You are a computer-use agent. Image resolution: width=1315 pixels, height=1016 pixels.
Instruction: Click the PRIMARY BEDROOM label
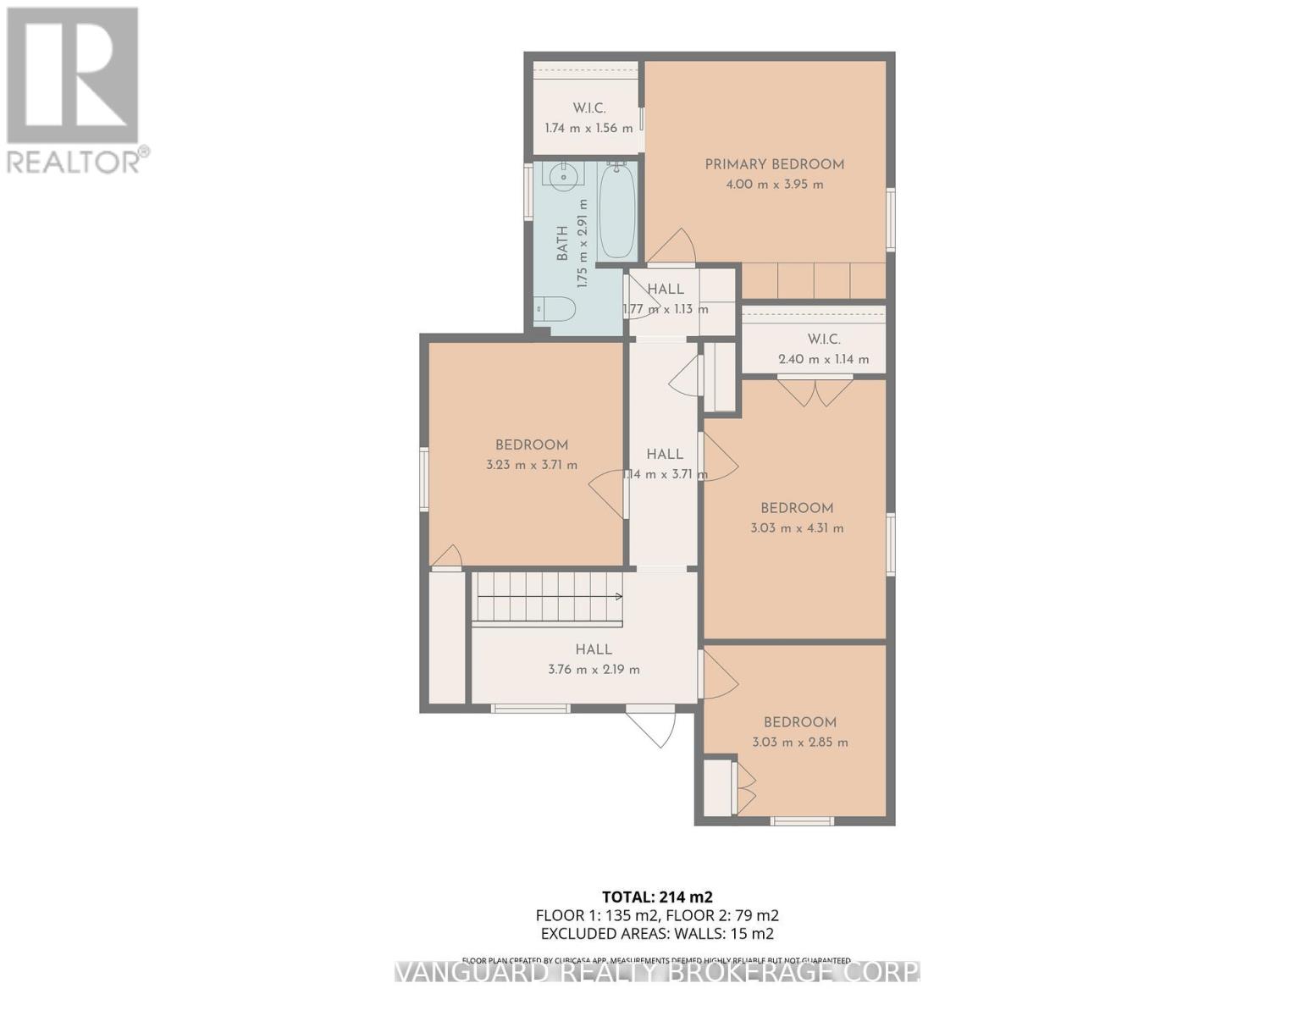tap(774, 164)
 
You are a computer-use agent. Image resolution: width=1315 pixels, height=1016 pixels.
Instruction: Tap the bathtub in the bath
tap(617, 212)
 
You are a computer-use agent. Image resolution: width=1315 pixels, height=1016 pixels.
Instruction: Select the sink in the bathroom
tap(563, 177)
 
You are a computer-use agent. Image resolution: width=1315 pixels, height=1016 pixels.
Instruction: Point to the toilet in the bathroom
tap(555, 309)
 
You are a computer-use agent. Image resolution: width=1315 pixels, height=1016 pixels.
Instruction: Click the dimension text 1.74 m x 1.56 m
tap(588, 129)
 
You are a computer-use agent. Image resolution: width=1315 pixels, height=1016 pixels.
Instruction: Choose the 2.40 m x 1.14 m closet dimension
tap(823, 359)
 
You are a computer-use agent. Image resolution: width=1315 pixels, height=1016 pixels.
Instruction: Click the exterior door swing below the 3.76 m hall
tap(653, 726)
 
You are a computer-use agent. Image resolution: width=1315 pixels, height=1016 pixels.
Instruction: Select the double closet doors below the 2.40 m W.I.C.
tap(815, 391)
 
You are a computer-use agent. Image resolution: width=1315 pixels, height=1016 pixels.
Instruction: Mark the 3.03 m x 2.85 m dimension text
tap(799, 743)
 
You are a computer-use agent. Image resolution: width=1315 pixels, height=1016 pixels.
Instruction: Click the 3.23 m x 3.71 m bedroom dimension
tap(532, 465)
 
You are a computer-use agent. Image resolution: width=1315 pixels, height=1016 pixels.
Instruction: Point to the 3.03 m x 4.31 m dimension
tap(797, 528)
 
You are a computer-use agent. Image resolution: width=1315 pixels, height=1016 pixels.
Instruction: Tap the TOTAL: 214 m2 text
tap(657, 897)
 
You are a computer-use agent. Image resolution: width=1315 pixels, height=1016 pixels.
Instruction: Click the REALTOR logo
tap(75, 89)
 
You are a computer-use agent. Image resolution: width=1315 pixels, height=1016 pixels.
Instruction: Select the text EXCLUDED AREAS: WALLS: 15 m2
tap(657, 934)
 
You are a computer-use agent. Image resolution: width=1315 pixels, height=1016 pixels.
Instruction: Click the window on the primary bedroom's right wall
tap(890, 219)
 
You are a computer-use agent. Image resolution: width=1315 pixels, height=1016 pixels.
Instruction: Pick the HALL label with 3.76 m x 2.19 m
tap(594, 649)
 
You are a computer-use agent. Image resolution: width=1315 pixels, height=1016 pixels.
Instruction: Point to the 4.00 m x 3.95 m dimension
tap(774, 185)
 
